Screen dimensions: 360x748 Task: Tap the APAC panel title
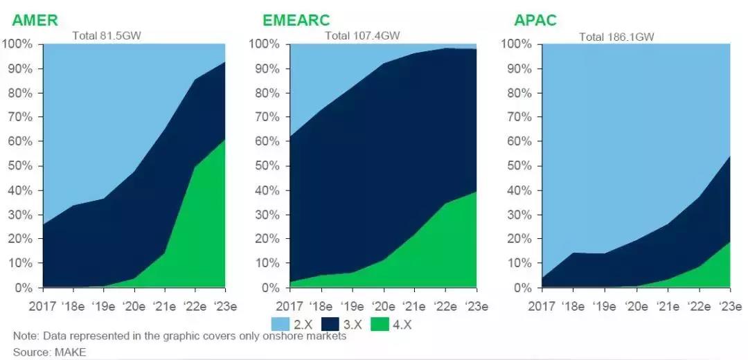pos(535,20)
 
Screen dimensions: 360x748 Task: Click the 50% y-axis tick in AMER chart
pos(20,166)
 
